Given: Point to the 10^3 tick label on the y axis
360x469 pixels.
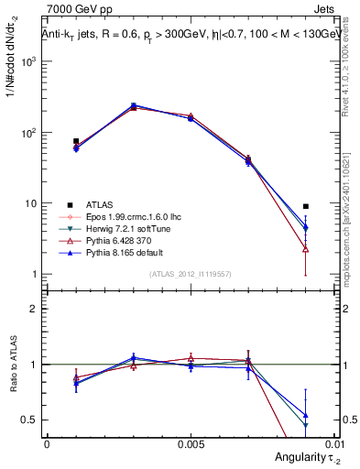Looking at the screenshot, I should pos(27,61).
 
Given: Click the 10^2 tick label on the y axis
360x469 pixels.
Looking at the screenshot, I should pos(27,133).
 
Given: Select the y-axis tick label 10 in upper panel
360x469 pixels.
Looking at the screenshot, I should pos(30,203).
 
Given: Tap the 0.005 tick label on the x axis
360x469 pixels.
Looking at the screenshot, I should pos(191,442).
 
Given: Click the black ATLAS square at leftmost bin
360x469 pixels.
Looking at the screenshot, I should pos(76,141).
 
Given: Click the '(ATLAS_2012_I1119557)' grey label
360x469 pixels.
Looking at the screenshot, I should pos(191,274).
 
